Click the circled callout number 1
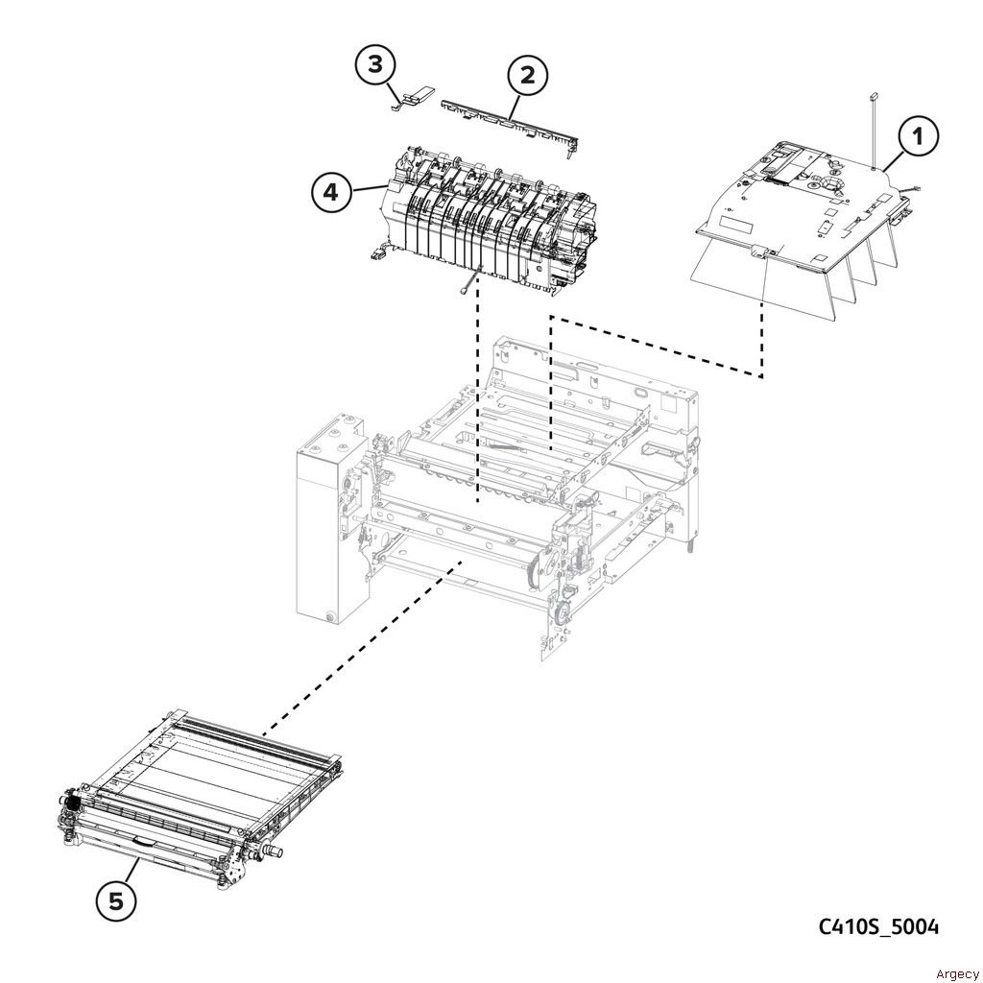coord(919,135)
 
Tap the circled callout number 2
coord(527,75)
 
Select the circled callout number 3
coord(374,64)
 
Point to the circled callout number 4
coord(330,192)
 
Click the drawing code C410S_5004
coord(878,926)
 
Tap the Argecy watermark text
coord(957,973)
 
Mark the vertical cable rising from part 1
coord(872,130)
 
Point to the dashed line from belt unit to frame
coord(363,646)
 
